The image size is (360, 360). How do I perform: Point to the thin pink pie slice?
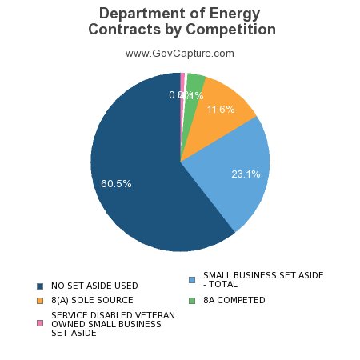click(x=183, y=80)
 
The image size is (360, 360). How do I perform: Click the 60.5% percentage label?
click(x=116, y=183)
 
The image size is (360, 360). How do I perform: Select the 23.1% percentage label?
click(x=246, y=174)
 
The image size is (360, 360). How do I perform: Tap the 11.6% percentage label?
click(x=220, y=109)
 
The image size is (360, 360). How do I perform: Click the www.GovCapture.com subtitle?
click(x=180, y=53)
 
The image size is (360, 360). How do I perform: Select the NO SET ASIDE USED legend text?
click(x=94, y=286)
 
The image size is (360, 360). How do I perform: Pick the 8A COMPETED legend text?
click(x=234, y=300)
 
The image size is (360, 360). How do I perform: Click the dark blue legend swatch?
click(x=39, y=286)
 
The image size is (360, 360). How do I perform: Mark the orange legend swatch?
click(x=39, y=300)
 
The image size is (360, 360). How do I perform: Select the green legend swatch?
click(x=192, y=300)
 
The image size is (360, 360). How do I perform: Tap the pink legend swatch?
click(x=39, y=323)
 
